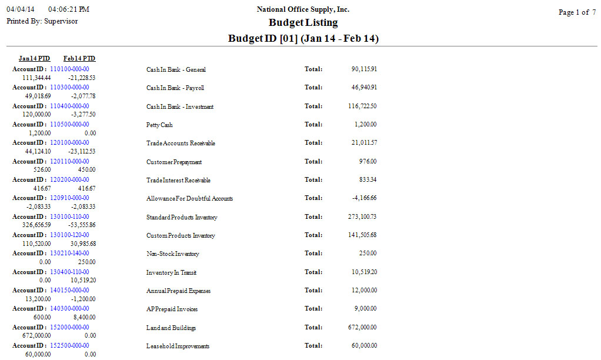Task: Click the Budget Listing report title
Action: [x=303, y=23]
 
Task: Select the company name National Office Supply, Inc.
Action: [x=303, y=9]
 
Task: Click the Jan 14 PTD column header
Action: [x=34, y=59]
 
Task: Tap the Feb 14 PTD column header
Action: [x=79, y=59]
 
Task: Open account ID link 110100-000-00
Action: [x=69, y=69]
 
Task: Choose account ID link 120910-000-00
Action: [x=69, y=198]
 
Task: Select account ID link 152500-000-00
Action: [x=69, y=345]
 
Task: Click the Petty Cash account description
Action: [x=159, y=125]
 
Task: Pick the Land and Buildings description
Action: [x=171, y=328]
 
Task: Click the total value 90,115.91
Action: [x=364, y=69]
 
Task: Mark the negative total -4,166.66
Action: [x=364, y=198]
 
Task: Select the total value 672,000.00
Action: [x=363, y=328]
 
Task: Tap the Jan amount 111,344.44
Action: [x=36, y=78]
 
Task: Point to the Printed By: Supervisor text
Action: [x=42, y=21]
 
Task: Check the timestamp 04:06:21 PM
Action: [x=69, y=10]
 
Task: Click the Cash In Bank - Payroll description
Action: [x=175, y=88]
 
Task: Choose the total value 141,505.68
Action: [x=363, y=235]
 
